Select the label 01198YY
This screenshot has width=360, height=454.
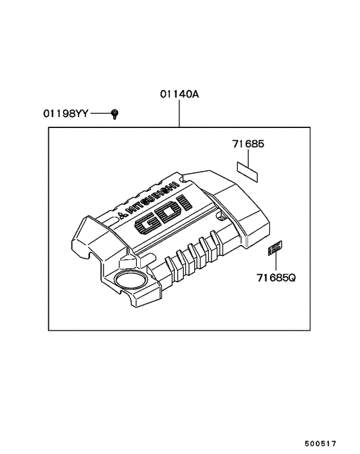coord(66,114)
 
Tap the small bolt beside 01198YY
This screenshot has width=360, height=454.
coord(115,114)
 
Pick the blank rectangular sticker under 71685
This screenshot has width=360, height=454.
coord(248,170)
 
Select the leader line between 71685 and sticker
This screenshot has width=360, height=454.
coord(248,156)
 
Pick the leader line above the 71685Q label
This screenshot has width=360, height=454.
coord(276,262)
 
